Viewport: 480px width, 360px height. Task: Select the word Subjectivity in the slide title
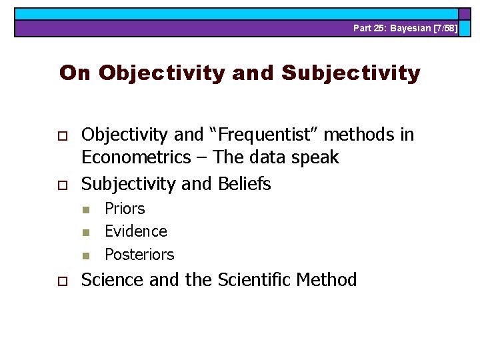351,73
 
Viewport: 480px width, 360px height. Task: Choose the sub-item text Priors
125,209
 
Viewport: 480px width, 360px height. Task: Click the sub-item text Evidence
136,231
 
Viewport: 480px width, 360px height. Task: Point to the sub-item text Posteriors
139,255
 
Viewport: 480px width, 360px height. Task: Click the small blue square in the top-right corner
463,13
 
